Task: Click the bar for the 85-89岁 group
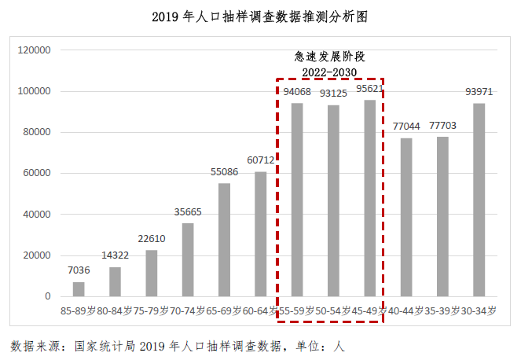[x=79, y=289]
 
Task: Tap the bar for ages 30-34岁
[x=479, y=200]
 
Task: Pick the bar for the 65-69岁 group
[x=224, y=240]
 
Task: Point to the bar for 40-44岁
[x=406, y=217]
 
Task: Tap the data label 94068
[x=296, y=93]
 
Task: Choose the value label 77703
[x=443, y=127]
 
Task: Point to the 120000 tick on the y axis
[x=35, y=50]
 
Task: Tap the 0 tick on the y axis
[x=48, y=296]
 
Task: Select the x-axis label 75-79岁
[x=152, y=310]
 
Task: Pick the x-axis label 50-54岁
[x=333, y=310]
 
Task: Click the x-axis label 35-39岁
[x=442, y=310]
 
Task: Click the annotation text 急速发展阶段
[x=330, y=57]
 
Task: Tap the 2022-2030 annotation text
[x=330, y=72]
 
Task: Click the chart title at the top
[x=259, y=16]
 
